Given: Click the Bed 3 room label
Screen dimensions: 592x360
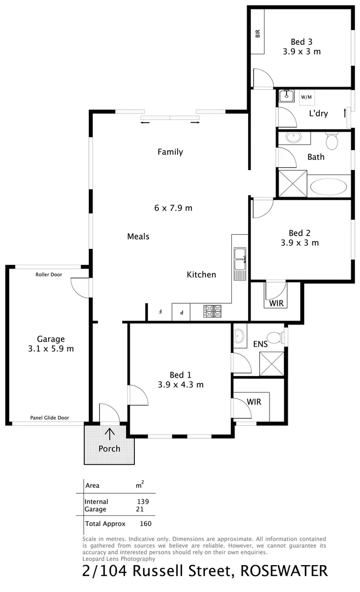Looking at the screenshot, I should (x=301, y=42).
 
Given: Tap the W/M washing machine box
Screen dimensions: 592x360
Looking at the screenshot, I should (x=306, y=97).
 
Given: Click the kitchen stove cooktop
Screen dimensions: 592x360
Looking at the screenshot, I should (x=213, y=311).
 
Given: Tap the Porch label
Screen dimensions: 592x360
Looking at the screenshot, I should (x=109, y=448).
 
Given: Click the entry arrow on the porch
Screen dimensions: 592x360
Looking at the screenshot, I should (x=110, y=434).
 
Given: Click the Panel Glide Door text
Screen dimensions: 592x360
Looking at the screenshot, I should (x=49, y=418).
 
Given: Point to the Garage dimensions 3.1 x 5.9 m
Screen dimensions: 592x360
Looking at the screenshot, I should (x=51, y=349).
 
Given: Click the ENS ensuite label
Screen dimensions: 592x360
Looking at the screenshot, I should (x=260, y=344).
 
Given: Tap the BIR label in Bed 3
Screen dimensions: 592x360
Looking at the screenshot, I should (x=257, y=33).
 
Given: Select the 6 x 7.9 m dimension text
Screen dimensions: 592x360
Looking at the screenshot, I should (x=173, y=208).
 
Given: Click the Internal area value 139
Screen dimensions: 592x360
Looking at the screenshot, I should (x=142, y=502).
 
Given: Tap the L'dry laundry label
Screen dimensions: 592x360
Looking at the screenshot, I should (x=318, y=114).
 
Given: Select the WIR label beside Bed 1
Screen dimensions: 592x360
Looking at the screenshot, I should (x=254, y=402).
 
